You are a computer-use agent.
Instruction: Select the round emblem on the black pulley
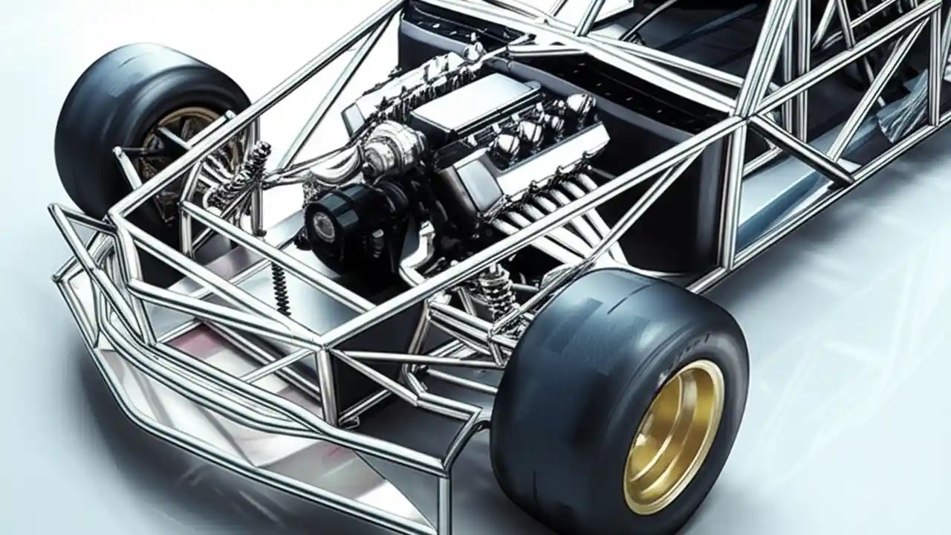[325, 223]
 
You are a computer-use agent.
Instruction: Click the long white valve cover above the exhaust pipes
[550, 152]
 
